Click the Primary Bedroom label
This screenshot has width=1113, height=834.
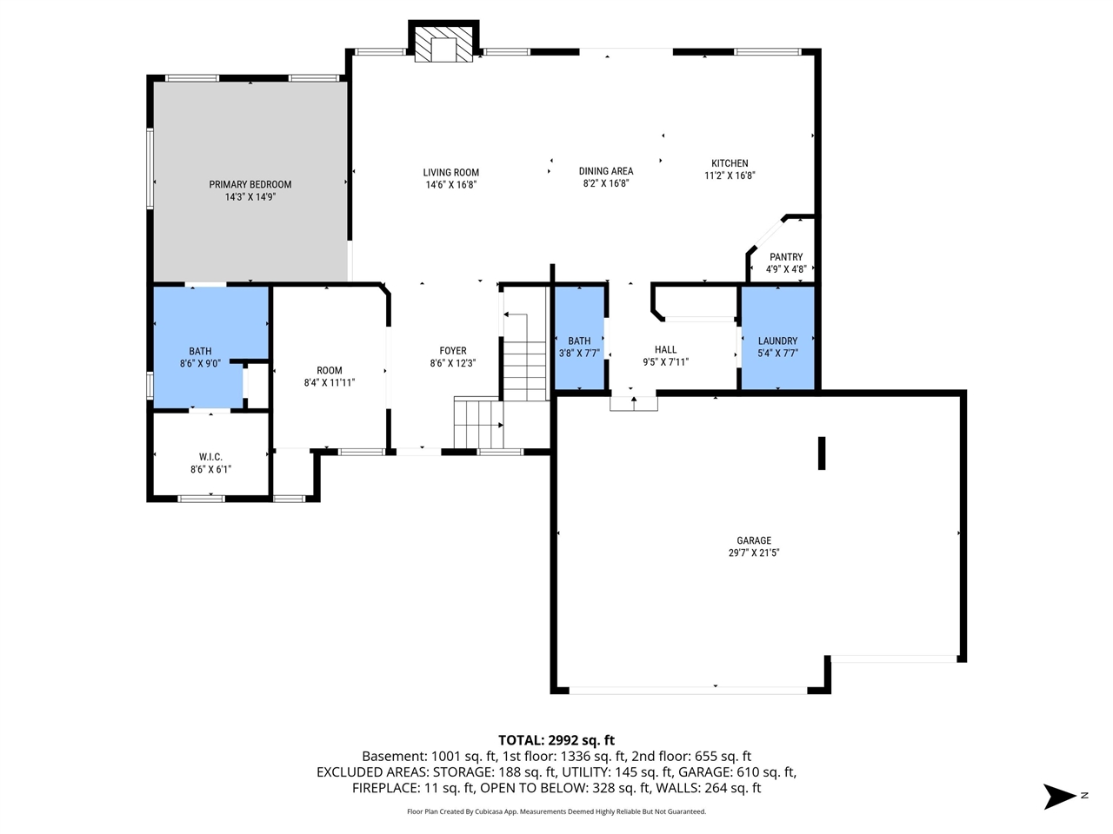[250, 184]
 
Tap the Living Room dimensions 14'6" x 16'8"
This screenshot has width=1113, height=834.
[450, 185]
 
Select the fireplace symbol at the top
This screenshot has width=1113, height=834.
[443, 48]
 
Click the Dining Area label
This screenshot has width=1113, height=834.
[606, 171]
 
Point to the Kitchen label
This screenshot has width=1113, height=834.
[730, 163]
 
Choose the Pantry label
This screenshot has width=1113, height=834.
[786, 257]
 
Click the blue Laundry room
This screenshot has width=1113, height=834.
[777, 339]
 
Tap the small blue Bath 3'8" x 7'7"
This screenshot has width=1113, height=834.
[579, 339]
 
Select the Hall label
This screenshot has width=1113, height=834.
[666, 349]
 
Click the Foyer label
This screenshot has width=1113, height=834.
[452, 351]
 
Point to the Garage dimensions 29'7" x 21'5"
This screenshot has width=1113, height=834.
[754, 553]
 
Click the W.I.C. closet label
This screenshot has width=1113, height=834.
[210, 457]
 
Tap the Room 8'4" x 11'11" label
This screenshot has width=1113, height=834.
[330, 371]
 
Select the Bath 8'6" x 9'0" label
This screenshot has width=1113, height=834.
[200, 352]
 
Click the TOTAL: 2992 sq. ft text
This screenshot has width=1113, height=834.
[556, 740]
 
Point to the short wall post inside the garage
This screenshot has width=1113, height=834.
[822, 453]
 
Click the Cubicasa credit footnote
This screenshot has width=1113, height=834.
[556, 811]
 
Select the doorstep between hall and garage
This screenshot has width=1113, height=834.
[634, 402]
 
